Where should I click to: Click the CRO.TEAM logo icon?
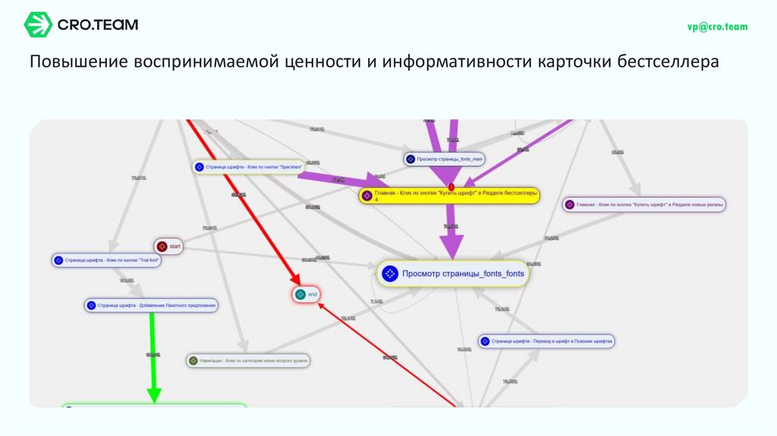38,25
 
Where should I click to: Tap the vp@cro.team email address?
717,27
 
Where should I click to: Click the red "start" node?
169,246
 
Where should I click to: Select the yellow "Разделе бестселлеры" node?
449,195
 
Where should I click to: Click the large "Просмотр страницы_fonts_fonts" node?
453,273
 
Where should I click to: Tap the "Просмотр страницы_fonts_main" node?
445,159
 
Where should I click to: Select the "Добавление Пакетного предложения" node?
151,306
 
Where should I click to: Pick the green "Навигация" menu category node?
248,361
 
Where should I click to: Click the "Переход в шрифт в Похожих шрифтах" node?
546,342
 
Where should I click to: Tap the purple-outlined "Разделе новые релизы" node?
643,204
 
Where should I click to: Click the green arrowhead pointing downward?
154,394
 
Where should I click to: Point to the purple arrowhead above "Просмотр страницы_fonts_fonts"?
451,247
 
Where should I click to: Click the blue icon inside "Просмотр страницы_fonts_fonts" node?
390,273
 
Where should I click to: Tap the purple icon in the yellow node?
367,195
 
